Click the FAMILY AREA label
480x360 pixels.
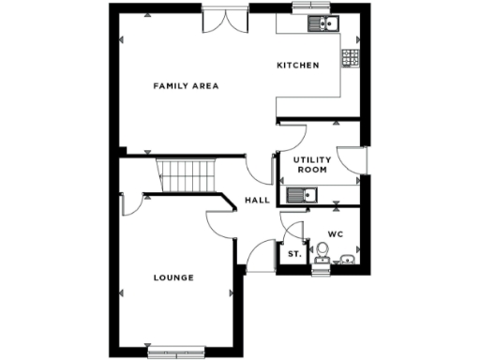point(186,85)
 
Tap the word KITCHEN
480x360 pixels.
point(298,66)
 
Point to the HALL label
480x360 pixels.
point(256,200)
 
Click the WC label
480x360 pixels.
point(336,233)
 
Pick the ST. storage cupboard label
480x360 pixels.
point(293,253)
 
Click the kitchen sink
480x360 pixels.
point(327,24)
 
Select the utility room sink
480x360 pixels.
point(303,195)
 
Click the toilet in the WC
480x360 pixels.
point(322,250)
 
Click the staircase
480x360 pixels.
point(187,174)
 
